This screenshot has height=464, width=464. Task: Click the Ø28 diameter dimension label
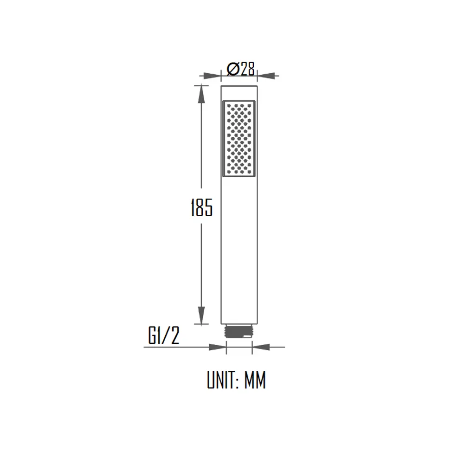click(241, 69)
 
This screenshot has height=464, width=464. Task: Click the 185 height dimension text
click(201, 208)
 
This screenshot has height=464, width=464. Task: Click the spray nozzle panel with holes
click(239, 139)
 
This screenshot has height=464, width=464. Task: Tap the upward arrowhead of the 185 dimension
click(200, 95)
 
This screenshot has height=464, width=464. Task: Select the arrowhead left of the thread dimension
click(217, 347)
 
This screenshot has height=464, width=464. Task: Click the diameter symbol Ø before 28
click(232, 69)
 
